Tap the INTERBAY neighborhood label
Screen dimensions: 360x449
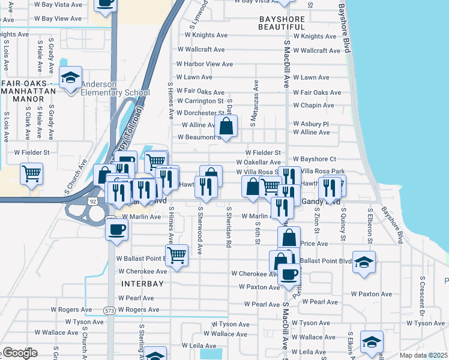click(143, 283)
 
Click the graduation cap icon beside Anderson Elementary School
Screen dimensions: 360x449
click(71, 78)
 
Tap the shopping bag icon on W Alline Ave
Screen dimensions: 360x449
click(226, 127)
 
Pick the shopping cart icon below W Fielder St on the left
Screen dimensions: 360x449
click(31, 174)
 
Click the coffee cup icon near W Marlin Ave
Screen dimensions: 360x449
click(116, 229)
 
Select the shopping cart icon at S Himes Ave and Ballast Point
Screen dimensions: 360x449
click(176, 254)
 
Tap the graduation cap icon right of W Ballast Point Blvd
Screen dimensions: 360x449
click(363, 262)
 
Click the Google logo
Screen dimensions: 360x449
click(19, 353)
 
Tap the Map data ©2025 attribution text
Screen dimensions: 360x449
click(423, 355)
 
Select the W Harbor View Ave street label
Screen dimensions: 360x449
click(204, 64)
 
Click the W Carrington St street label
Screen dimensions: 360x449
click(200, 101)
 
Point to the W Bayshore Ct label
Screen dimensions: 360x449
click(315, 159)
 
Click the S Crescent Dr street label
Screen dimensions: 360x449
click(423, 297)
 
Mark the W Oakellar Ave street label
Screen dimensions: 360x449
click(258, 163)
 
